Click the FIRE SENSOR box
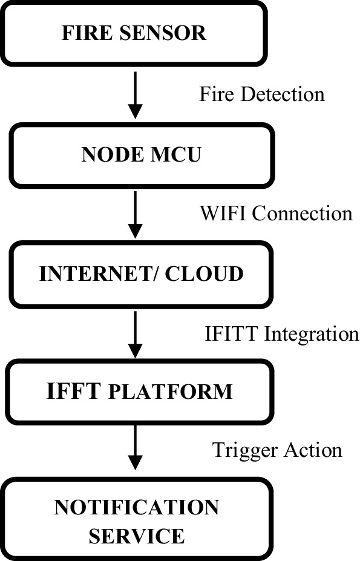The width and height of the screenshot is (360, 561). tap(134, 33)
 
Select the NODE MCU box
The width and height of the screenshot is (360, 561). tap(140, 154)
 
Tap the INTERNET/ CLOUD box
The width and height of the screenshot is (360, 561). tap(140, 274)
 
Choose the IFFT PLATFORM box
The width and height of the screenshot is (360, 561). tap(139, 392)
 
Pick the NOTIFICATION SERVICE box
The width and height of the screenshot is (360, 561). tap(136, 520)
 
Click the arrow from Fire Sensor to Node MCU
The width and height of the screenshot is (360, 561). tap(136, 94)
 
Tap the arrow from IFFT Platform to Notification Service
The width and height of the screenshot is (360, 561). tap(136, 449)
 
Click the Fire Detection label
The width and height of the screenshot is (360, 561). tap(261, 94)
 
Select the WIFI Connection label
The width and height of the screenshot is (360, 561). tap(275, 213)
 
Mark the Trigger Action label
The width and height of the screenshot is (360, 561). tap(277, 450)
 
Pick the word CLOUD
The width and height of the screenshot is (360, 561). tap(205, 274)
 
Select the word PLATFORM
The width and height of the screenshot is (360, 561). tap(171, 392)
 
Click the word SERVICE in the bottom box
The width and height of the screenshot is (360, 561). tap(136, 536)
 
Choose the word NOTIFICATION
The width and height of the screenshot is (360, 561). tap(136, 507)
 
